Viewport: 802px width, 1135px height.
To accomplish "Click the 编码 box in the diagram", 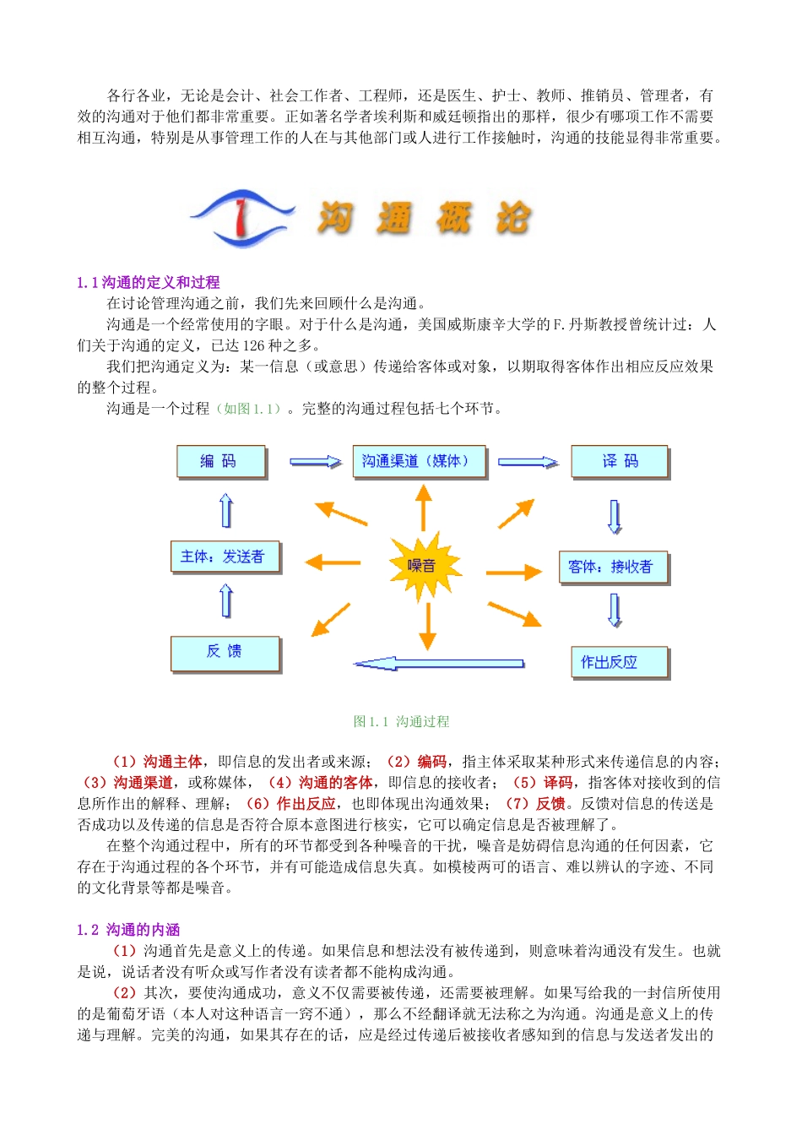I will click(x=220, y=461).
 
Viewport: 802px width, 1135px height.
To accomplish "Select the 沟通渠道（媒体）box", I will click(x=419, y=461).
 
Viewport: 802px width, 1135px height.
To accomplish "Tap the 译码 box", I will click(x=620, y=461).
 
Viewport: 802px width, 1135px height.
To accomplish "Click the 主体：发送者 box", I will click(x=224, y=557).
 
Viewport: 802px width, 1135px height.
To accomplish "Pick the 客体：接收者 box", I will click(x=612, y=567).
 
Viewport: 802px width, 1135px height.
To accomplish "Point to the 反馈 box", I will click(x=225, y=652).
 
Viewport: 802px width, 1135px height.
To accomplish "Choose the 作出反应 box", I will click(x=619, y=662).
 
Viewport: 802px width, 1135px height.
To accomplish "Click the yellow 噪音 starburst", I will click(x=425, y=564).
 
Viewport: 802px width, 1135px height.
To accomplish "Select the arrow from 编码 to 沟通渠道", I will click(x=315, y=462).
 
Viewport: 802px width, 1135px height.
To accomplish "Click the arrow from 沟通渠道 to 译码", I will click(x=528, y=462).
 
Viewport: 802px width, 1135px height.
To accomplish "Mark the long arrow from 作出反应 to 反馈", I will click(x=438, y=663).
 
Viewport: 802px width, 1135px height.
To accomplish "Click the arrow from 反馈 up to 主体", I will click(x=225, y=601).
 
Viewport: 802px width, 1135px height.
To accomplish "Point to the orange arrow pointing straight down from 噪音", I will click(x=427, y=626).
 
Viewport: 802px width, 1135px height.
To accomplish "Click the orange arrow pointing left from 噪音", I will click(x=333, y=562).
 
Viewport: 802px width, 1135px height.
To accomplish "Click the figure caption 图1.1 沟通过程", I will click(x=401, y=721).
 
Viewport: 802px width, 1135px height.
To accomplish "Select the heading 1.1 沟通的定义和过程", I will click(x=148, y=282).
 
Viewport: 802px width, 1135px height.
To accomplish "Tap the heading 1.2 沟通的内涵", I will click(x=128, y=930).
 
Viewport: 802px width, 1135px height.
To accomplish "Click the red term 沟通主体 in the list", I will click(x=172, y=762).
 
